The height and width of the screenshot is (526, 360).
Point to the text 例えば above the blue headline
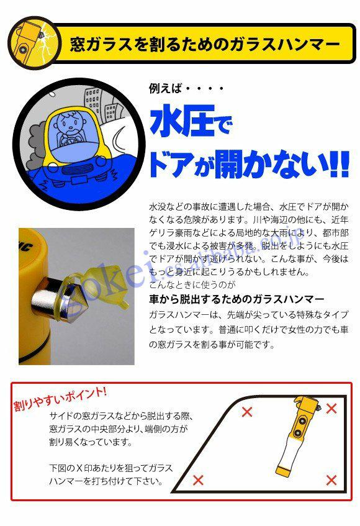165,89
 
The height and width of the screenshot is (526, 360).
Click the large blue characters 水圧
182,120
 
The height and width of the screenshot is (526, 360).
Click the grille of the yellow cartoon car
77,170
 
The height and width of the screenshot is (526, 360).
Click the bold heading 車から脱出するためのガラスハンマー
236,299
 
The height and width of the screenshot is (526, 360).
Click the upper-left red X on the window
247,412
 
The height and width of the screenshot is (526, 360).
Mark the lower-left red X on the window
198,479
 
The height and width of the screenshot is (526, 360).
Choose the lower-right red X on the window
331,480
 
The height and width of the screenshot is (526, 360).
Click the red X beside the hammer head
331,408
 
